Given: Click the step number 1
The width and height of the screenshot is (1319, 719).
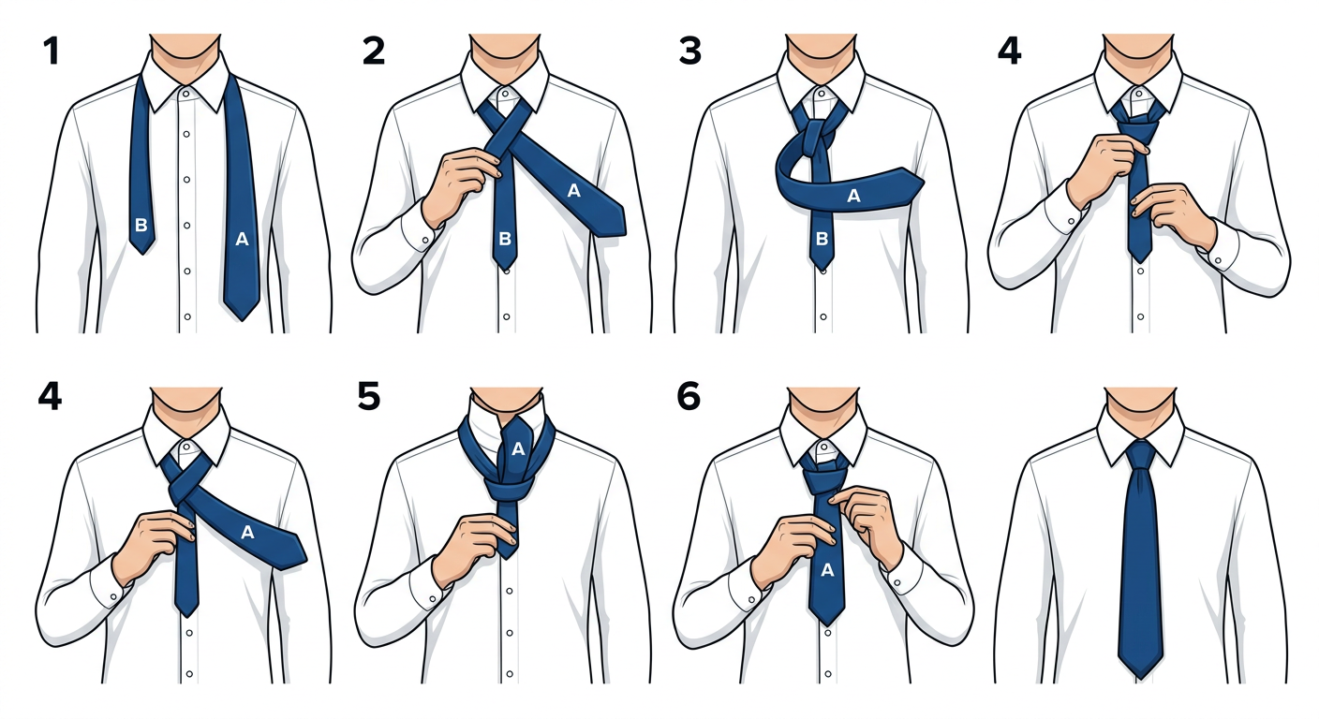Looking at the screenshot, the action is [x=52, y=51].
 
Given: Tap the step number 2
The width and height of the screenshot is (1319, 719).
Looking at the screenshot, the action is [x=374, y=51].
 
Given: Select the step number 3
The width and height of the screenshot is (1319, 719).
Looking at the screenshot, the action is [x=690, y=51].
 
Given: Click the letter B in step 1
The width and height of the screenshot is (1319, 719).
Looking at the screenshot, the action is [x=141, y=225].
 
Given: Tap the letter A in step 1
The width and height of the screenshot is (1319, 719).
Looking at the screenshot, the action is [x=242, y=239].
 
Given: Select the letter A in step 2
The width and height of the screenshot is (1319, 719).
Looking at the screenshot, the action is [x=573, y=190].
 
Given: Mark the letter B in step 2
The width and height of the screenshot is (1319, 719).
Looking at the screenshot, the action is [x=505, y=239].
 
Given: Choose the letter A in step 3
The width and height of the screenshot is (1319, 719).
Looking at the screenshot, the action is [x=853, y=196].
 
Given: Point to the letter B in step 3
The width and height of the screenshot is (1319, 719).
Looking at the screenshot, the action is [x=822, y=239].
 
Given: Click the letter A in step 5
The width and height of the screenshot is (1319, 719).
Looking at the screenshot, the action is [x=518, y=449].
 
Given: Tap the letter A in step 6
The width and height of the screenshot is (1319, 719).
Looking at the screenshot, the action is [x=827, y=569].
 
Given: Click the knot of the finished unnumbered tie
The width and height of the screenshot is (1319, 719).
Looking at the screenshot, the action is [x=1141, y=455].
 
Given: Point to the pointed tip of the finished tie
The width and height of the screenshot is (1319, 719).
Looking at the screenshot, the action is [x=1141, y=679].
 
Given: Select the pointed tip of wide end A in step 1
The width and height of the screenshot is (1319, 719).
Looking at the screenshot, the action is [x=242, y=319].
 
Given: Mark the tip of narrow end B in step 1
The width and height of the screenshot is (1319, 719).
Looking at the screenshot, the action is [x=141, y=253].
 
